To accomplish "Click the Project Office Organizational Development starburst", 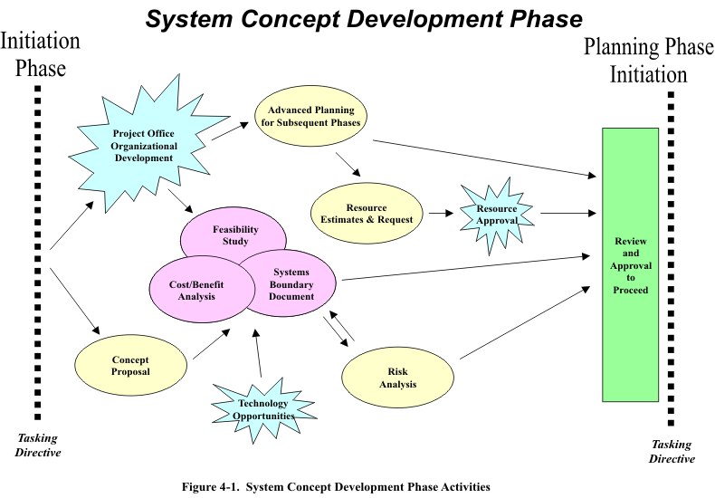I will tap(145, 146).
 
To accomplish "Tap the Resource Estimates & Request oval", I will tap(367, 214).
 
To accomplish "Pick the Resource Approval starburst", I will tap(497, 215).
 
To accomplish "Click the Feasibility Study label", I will tap(235, 235).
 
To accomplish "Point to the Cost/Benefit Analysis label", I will tap(196, 290).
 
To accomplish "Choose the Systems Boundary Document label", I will tap(291, 284).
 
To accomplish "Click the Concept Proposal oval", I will tap(130, 366).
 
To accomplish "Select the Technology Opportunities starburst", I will tap(263, 409).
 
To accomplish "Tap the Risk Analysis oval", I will tap(397, 378).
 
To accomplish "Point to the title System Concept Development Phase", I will tap(365, 20).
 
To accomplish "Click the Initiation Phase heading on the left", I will tap(40, 54).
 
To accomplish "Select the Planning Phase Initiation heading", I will tap(648, 61).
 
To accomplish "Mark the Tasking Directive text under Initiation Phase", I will tap(38, 445).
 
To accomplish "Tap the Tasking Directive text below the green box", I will tap(671, 451).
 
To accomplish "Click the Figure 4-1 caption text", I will tap(336, 487).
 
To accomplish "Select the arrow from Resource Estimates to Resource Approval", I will tap(441, 215).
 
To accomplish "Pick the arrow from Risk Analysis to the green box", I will tap(522, 324).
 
